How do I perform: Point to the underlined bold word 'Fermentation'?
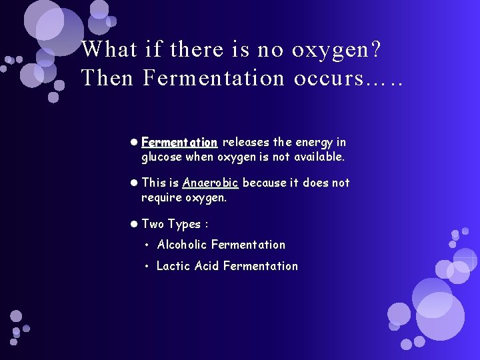pos(179,142)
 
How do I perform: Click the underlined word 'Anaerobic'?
pos(210,183)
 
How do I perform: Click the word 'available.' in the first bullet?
pos(318,157)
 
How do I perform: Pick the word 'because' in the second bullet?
pos(265,183)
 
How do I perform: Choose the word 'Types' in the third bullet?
pos(187,224)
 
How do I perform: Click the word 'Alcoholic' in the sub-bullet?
pos(182,245)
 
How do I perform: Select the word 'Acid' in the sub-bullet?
pos(207,265)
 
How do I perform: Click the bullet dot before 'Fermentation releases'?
pos(134,142)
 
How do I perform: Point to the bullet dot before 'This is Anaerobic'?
pos(134,183)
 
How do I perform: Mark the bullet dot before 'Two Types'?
pos(134,224)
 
